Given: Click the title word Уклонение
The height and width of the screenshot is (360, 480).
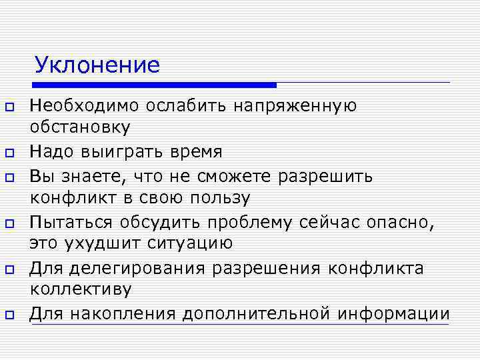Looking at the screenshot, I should (97, 65).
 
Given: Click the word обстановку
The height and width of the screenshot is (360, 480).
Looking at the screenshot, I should (80, 127).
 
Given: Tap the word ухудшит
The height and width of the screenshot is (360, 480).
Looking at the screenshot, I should (103, 243).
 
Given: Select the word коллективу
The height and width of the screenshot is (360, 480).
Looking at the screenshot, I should (81, 289).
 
